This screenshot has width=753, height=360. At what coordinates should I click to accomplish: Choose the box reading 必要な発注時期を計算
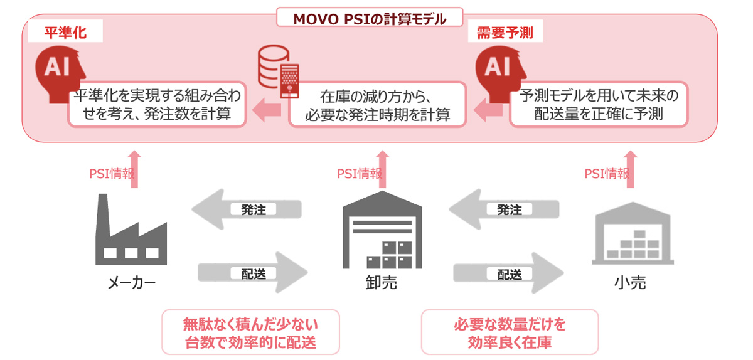377,105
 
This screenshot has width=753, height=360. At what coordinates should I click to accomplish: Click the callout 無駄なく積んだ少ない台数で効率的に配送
250,333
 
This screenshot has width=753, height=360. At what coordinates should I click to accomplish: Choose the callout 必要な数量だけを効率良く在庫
509,333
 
